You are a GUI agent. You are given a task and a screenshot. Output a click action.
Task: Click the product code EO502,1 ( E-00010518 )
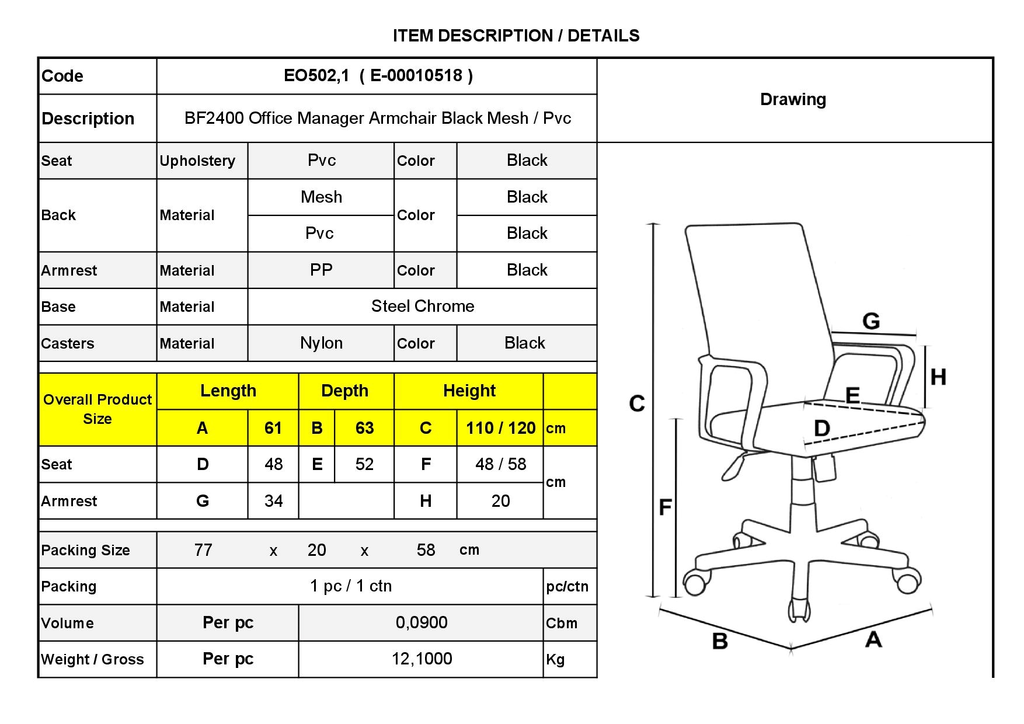[378, 75]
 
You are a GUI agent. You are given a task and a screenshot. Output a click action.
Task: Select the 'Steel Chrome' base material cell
[423, 306]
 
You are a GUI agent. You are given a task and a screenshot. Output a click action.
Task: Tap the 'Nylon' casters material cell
[321, 343]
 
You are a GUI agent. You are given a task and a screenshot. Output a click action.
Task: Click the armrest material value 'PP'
[321, 270]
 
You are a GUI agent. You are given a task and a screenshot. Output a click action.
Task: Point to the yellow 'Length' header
[228, 391]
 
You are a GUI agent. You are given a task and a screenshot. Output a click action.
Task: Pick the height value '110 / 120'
[500, 428]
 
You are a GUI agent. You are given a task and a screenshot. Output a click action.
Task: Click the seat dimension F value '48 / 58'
[500, 464]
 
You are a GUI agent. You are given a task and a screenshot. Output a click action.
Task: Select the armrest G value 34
[273, 500]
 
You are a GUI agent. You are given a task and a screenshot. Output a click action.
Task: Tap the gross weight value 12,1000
[422, 659]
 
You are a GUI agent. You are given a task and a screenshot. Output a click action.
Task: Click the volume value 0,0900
[422, 622]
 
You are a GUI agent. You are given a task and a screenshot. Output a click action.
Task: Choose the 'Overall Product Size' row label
[97, 409]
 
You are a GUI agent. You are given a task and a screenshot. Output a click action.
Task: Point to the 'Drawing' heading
[793, 99]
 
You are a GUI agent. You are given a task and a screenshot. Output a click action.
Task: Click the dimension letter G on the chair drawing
[871, 321]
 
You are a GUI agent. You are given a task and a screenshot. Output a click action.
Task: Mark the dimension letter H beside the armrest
[938, 377]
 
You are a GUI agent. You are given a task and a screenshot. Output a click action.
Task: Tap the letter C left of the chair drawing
[637, 403]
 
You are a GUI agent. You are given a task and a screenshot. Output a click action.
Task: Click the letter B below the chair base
[720, 641]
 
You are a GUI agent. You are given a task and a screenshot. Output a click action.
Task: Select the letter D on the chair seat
[822, 428]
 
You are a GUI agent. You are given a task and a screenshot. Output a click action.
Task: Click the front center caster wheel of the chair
[799, 610]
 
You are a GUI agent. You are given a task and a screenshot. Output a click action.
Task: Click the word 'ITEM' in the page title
[413, 36]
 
